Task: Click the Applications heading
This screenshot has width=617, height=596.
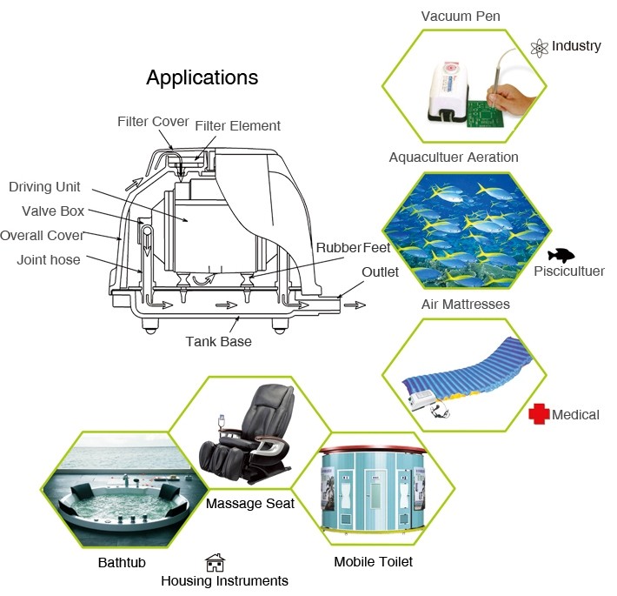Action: pos(202,77)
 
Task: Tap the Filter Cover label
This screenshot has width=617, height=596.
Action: pos(153,121)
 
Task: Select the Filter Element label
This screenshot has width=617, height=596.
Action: pos(237,126)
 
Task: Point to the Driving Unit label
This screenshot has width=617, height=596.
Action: pos(44,187)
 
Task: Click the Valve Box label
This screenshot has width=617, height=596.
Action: pos(53,211)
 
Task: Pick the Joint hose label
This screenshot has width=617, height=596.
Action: pos(49,259)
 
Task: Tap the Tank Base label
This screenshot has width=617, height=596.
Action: pos(218,341)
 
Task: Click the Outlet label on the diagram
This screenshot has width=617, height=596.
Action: pos(380,271)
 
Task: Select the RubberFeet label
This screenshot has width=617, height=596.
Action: pos(353,248)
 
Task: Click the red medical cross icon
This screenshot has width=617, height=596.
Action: pos(539,414)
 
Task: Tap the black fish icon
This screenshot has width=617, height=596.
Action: pos(561,255)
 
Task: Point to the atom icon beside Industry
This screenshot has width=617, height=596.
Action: pos(539,46)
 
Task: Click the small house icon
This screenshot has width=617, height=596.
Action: pos(215,562)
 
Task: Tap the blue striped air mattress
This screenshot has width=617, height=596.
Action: pos(465,370)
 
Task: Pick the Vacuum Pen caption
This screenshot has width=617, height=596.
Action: pos(461,17)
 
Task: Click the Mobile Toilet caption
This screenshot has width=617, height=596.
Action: pos(373,561)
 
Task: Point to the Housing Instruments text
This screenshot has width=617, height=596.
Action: pos(224,580)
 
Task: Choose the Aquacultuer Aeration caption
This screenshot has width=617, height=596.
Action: pos(454,157)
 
